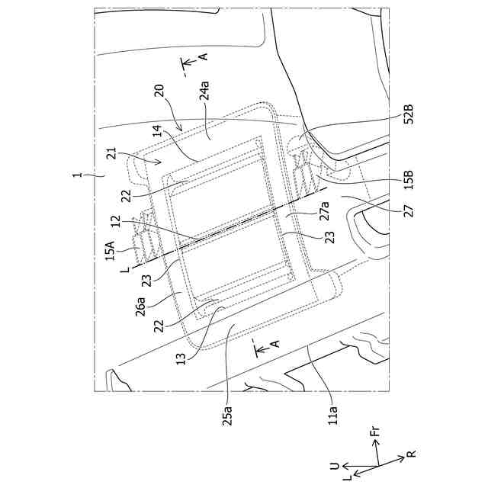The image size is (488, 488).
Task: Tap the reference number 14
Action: [x=158, y=133]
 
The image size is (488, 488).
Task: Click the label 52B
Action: [x=409, y=116]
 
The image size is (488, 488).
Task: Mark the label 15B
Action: [x=409, y=183]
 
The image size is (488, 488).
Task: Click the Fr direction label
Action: [x=374, y=435]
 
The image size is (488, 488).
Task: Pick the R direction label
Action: [x=411, y=455]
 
